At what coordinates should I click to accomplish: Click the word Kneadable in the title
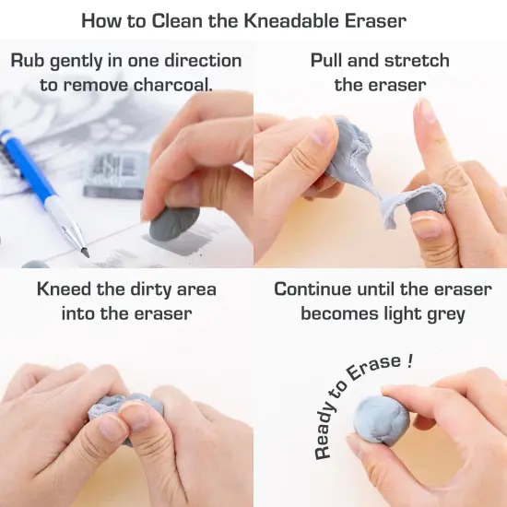305,19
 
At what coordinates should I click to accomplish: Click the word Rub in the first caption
29,61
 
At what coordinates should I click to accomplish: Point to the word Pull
331,61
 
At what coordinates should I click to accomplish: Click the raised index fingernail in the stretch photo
427,112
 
